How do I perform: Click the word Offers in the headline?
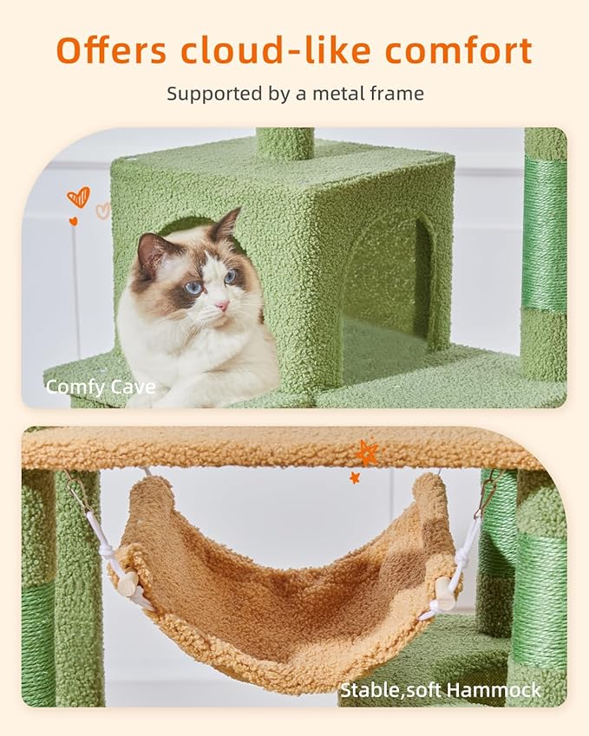[x=112, y=50]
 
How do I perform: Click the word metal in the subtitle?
[x=338, y=93]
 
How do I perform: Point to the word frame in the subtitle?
[x=396, y=93]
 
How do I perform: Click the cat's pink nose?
[x=222, y=306]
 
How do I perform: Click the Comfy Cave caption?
[x=101, y=387]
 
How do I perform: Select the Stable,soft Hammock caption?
[x=440, y=690]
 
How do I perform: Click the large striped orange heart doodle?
[x=79, y=198]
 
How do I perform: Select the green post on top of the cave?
[x=285, y=143]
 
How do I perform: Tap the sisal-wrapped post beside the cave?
[x=544, y=234]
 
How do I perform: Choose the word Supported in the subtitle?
[x=213, y=93]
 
